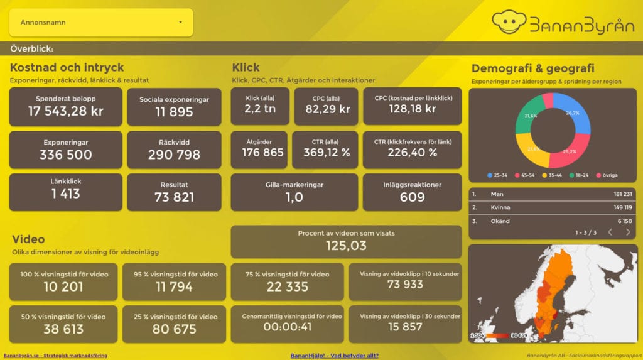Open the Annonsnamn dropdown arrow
pyautogui.click(x=180, y=23)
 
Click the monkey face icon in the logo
pyautogui.click(x=508, y=22)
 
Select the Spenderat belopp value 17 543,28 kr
pyautogui.click(x=65, y=112)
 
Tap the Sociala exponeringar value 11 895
pyautogui.click(x=174, y=112)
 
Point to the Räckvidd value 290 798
pyautogui.click(x=174, y=155)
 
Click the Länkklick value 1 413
pyautogui.click(x=65, y=194)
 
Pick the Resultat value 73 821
pyautogui.click(x=174, y=197)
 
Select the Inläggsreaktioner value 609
pyautogui.click(x=412, y=197)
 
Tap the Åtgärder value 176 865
pyautogui.click(x=259, y=153)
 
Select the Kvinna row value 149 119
pyautogui.click(x=622, y=207)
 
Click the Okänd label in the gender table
pyautogui.click(x=500, y=221)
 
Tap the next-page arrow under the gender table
pyautogui.click(x=628, y=232)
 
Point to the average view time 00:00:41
pyautogui.click(x=287, y=327)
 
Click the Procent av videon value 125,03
pyautogui.click(x=346, y=246)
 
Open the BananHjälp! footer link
pyautogui.click(x=335, y=356)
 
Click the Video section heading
pyautogui.click(x=28, y=239)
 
